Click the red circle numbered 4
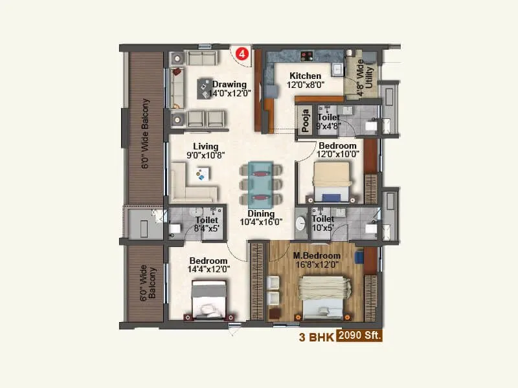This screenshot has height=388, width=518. [242, 54]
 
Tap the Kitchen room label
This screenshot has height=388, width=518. [305, 76]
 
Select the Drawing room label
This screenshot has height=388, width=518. [229, 84]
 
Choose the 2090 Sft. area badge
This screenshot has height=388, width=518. [359, 336]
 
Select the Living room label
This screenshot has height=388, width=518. [205, 146]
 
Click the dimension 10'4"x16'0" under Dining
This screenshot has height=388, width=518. [261, 222]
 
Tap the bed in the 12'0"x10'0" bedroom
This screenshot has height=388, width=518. [332, 181]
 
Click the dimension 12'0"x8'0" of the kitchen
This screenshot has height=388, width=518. [306, 85]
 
